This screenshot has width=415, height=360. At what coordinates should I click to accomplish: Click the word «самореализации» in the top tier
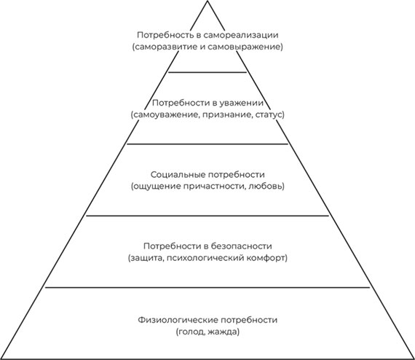(241, 35)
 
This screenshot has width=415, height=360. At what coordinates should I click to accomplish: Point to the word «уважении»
(242, 103)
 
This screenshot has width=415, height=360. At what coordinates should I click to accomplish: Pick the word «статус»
(269, 115)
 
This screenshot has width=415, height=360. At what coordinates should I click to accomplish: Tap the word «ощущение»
(153, 187)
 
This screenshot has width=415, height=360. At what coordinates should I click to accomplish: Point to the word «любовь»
(266, 187)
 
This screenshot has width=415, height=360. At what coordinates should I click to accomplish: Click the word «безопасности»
(242, 246)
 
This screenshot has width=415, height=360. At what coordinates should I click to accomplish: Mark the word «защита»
(144, 258)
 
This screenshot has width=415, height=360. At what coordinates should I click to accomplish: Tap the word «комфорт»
(266, 258)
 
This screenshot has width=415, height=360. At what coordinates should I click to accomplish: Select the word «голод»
(191, 332)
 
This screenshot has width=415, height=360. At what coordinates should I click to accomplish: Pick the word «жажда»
(222, 332)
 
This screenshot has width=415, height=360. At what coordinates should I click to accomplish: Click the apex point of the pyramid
(207, 1)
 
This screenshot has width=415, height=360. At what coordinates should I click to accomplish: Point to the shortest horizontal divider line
(207, 72)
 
